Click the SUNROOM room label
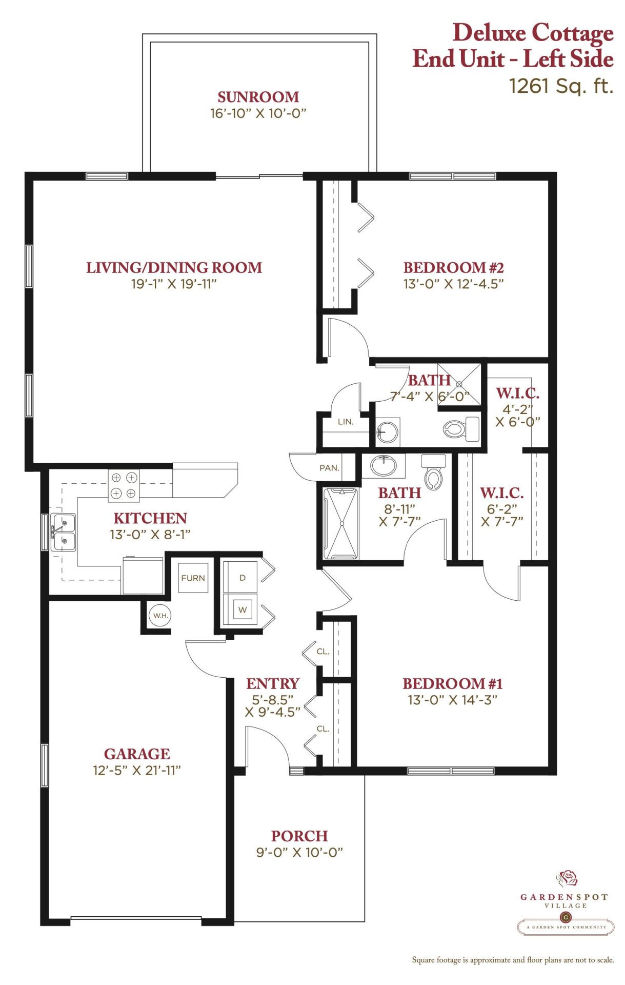coord(258,97)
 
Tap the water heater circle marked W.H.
coord(160,615)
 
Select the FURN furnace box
coord(193,578)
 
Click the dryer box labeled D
coord(242,577)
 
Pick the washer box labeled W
coord(242,609)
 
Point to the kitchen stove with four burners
coord(124,485)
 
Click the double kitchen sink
coord(63,532)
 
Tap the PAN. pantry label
coord(329,468)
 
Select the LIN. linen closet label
coord(346,422)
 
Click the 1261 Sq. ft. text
coord(561,86)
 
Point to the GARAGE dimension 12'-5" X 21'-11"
coord(137,770)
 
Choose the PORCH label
coord(299,836)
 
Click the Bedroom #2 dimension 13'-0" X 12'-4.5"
coord(453,284)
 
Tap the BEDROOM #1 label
coord(453,683)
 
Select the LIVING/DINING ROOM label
coord(174,267)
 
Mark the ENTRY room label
coord(273,683)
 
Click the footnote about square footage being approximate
coord(513,960)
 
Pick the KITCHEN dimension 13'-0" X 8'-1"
coord(150,534)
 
